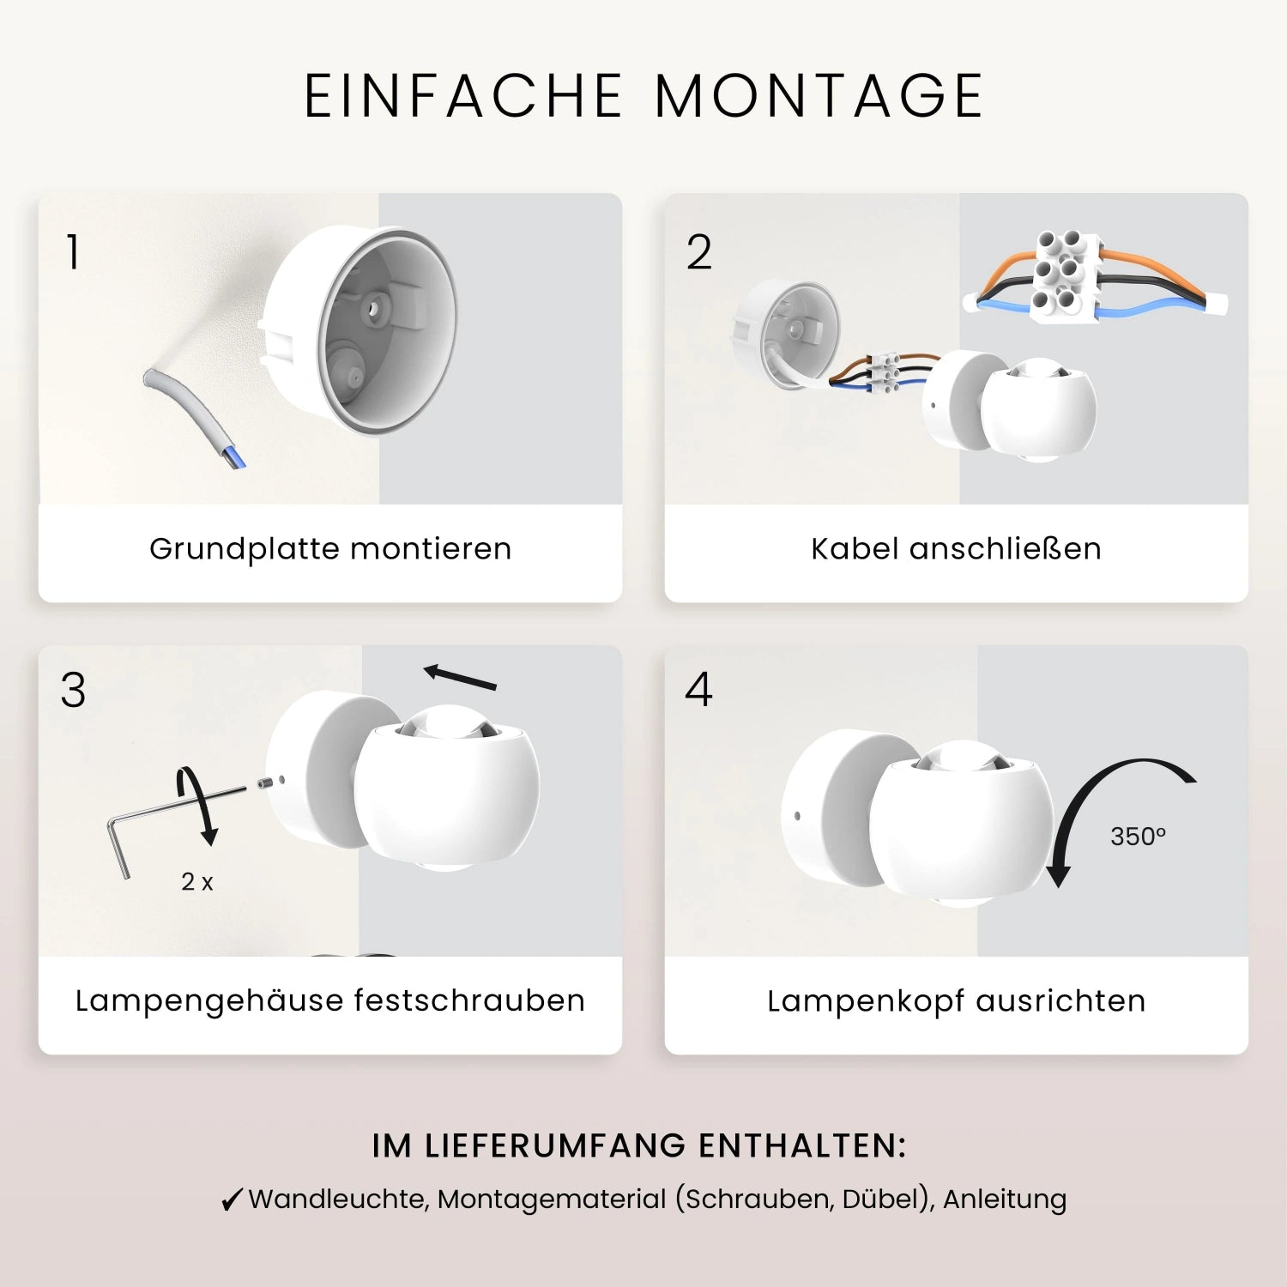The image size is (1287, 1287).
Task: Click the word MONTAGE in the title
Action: tap(819, 95)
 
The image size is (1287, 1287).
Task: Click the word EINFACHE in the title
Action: tap(463, 95)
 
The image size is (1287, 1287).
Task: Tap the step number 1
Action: tap(73, 252)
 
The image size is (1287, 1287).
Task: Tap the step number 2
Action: tap(698, 252)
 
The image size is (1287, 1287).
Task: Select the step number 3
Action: tap(73, 690)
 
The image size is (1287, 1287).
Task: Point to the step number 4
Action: tap(698, 690)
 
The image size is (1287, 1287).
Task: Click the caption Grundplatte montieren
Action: tap(330, 549)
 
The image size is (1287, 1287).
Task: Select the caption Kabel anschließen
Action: tap(956, 549)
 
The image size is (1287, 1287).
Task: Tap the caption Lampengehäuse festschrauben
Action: tap(330, 1001)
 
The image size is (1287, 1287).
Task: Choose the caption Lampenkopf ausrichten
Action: tap(956, 1001)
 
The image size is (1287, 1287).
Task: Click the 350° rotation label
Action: tap(1138, 837)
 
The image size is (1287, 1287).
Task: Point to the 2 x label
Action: tap(197, 881)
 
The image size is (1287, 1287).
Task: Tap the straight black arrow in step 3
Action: tap(461, 678)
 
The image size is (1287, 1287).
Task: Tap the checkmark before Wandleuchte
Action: tap(231, 1200)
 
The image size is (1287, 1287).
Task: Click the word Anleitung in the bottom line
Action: tap(1005, 1199)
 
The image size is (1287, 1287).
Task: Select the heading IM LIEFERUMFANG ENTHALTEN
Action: tap(639, 1146)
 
